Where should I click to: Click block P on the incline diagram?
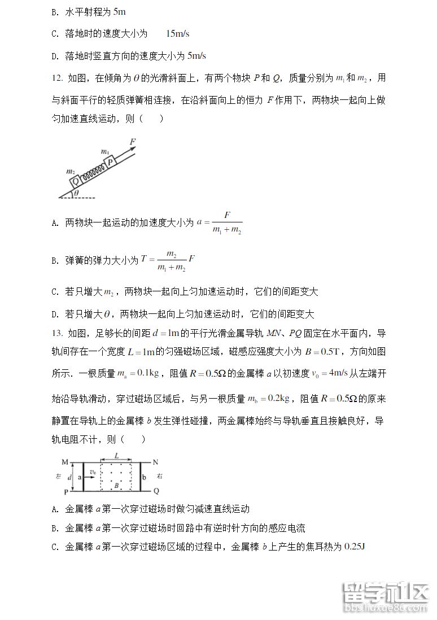[112, 160]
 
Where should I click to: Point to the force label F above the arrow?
[133, 141]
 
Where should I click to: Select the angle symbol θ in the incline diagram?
[77, 194]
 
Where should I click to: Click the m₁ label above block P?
[104, 151]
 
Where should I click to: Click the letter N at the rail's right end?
[156, 461]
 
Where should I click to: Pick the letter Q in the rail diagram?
[156, 491]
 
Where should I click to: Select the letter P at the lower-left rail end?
[66, 492]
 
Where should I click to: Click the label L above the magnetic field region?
[116, 455]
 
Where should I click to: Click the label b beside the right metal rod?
[144, 477]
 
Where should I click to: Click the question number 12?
[55, 78]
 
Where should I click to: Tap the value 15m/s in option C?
[178, 33]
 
